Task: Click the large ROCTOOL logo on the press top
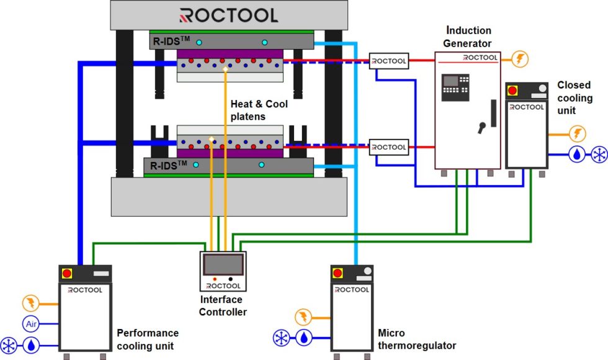(x=229, y=16)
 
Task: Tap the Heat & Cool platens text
(x=259, y=110)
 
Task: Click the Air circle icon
(x=30, y=323)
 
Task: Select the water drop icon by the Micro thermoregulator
(x=304, y=338)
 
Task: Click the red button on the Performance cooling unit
(x=67, y=274)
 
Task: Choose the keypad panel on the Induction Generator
(x=455, y=88)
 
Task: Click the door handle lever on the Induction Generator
(x=481, y=127)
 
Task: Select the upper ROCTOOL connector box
(x=388, y=61)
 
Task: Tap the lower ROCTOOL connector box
(x=388, y=148)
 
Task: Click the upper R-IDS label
(x=167, y=42)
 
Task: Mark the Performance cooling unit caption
(x=147, y=340)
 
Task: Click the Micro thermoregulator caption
(x=416, y=340)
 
